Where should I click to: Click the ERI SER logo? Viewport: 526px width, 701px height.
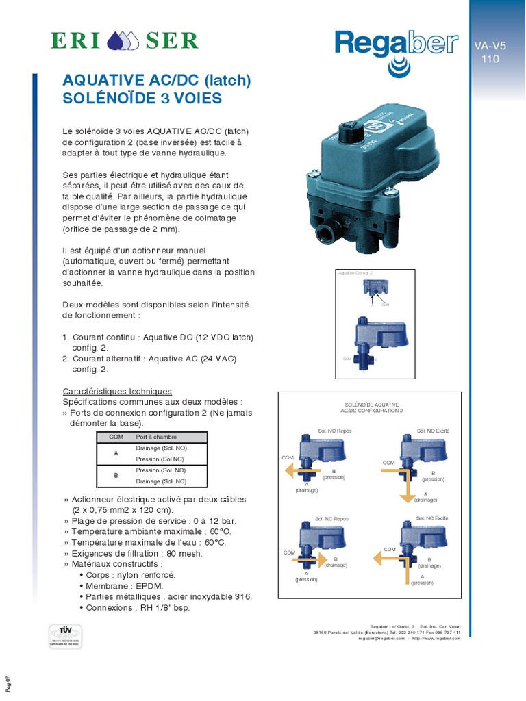click(125, 40)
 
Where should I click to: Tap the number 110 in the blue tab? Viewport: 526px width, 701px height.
click(490, 59)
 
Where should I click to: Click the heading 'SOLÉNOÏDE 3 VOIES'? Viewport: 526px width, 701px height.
click(142, 98)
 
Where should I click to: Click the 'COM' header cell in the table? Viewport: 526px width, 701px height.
click(116, 437)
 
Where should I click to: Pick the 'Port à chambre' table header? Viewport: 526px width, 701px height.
click(156, 437)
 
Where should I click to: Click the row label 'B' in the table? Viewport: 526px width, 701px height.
click(116, 476)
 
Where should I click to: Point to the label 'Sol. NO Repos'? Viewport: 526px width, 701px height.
click(334, 431)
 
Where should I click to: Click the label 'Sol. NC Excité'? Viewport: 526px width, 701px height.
click(431, 518)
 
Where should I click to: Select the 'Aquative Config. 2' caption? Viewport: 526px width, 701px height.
click(354, 272)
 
